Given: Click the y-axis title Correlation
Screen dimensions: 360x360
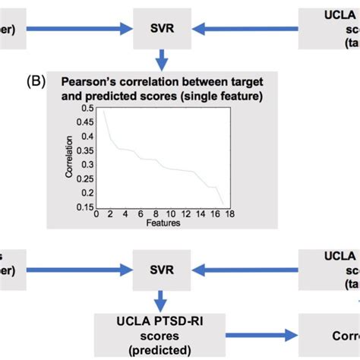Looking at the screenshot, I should click(70, 157).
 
